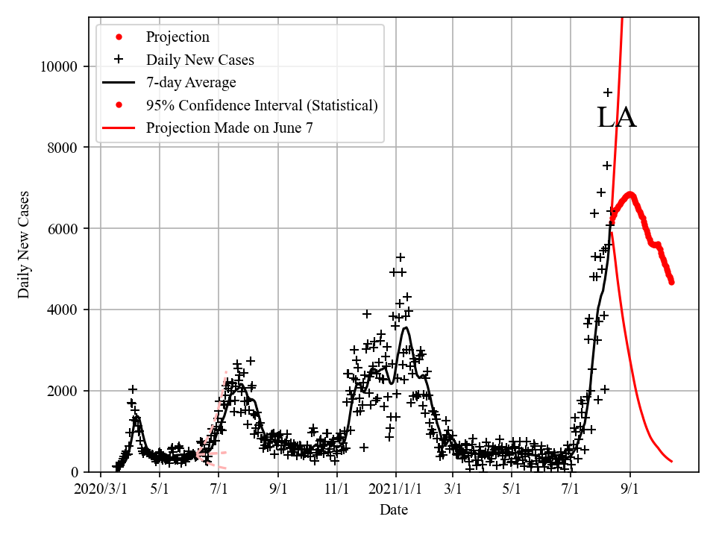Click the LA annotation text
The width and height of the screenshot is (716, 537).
click(x=617, y=118)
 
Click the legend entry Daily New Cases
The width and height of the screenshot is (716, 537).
click(x=199, y=60)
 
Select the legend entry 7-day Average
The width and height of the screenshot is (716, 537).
click(x=191, y=82)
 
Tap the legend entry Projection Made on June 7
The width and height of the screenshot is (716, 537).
click(x=229, y=128)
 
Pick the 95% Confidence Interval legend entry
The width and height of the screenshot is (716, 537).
click(x=262, y=105)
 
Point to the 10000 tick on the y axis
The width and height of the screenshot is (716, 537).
click(x=59, y=66)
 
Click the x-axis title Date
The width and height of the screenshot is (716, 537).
click(x=393, y=510)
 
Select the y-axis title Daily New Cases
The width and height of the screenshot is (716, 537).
click(x=25, y=244)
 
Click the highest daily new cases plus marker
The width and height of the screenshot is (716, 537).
click(x=608, y=92)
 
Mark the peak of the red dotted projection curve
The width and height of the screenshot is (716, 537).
click(x=631, y=195)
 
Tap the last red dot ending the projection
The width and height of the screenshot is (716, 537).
click(x=671, y=282)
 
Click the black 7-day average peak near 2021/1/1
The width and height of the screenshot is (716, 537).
click(x=405, y=327)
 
